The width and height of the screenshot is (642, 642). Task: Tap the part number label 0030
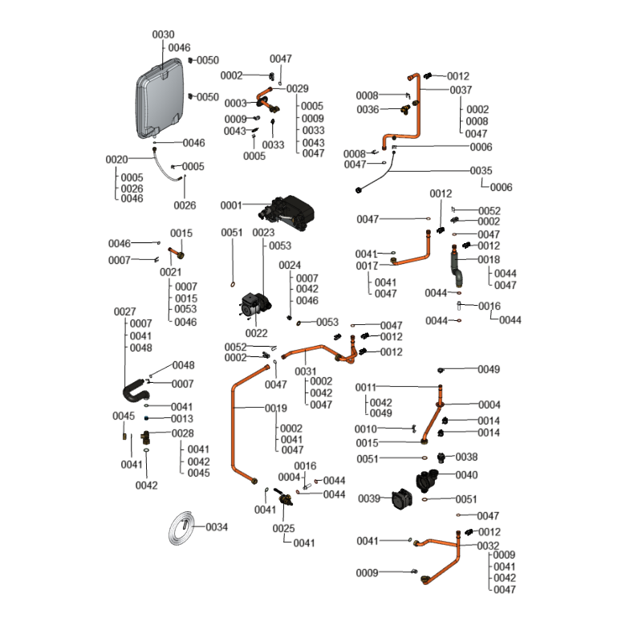pyautogui.click(x=163, y=35)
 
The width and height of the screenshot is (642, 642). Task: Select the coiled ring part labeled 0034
pyautogui.click(x=185, y=527)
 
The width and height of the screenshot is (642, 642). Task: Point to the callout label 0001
pyautogui.click(x=230, y=205)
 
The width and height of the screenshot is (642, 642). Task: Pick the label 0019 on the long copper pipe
pyautogui.click(x=276, y=408)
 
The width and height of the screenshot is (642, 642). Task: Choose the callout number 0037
pyautogui.click(x=461, y=90)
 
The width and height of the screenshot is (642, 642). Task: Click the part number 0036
pyautogui.click(x=368, y=109)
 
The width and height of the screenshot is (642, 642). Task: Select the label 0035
pyautogui.click(x=481, y=171)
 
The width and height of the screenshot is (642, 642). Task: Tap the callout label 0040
pyautogui.click(x=466, y=475)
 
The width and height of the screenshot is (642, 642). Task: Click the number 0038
pyautogui.click(x=466, y=457)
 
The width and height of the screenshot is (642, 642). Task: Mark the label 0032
pyautogui.click(x=488, y=546)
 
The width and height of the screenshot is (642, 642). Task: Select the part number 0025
pyautogui.click(x=283, y=528)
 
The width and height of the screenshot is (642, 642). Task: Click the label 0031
pyautogui.click(x=305, y=372)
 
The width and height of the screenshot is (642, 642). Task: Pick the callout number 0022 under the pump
pyautogui.click(x=257, y=333)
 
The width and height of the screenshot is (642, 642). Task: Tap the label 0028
pyautogui.click(x=182, y=433)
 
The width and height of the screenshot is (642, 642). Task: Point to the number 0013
pyautogui.click(x=182, y=419)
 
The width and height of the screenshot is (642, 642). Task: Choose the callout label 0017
pyautogui.click(x=367, y=266)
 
